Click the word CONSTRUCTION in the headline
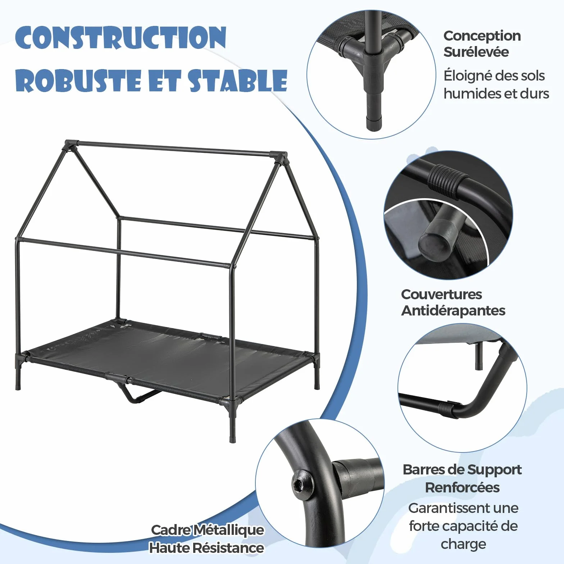click(x=121, y=37)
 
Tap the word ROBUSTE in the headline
click(x=78, y=80)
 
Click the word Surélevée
click(x=476, y=52)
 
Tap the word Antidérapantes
click(x=453, y=310)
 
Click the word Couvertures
click(x=441, y=294)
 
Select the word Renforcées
click(x=462, y=488)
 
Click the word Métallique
click(x=229, y=530)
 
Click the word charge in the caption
click(x=463, y=545)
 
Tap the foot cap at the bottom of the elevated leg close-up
click(x=374, y=123)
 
